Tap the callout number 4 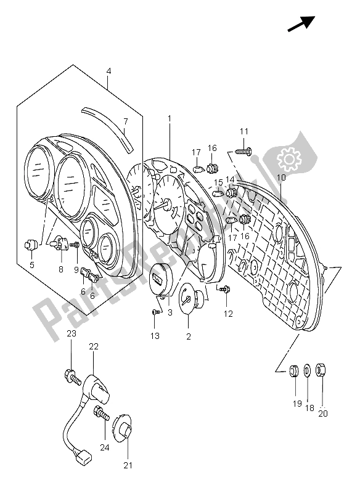(108, 72)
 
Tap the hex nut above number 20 (321, 371)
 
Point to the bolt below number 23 (72, 373)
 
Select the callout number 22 (93, 347)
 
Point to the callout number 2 (188, 336)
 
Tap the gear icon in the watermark (288, 160)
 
